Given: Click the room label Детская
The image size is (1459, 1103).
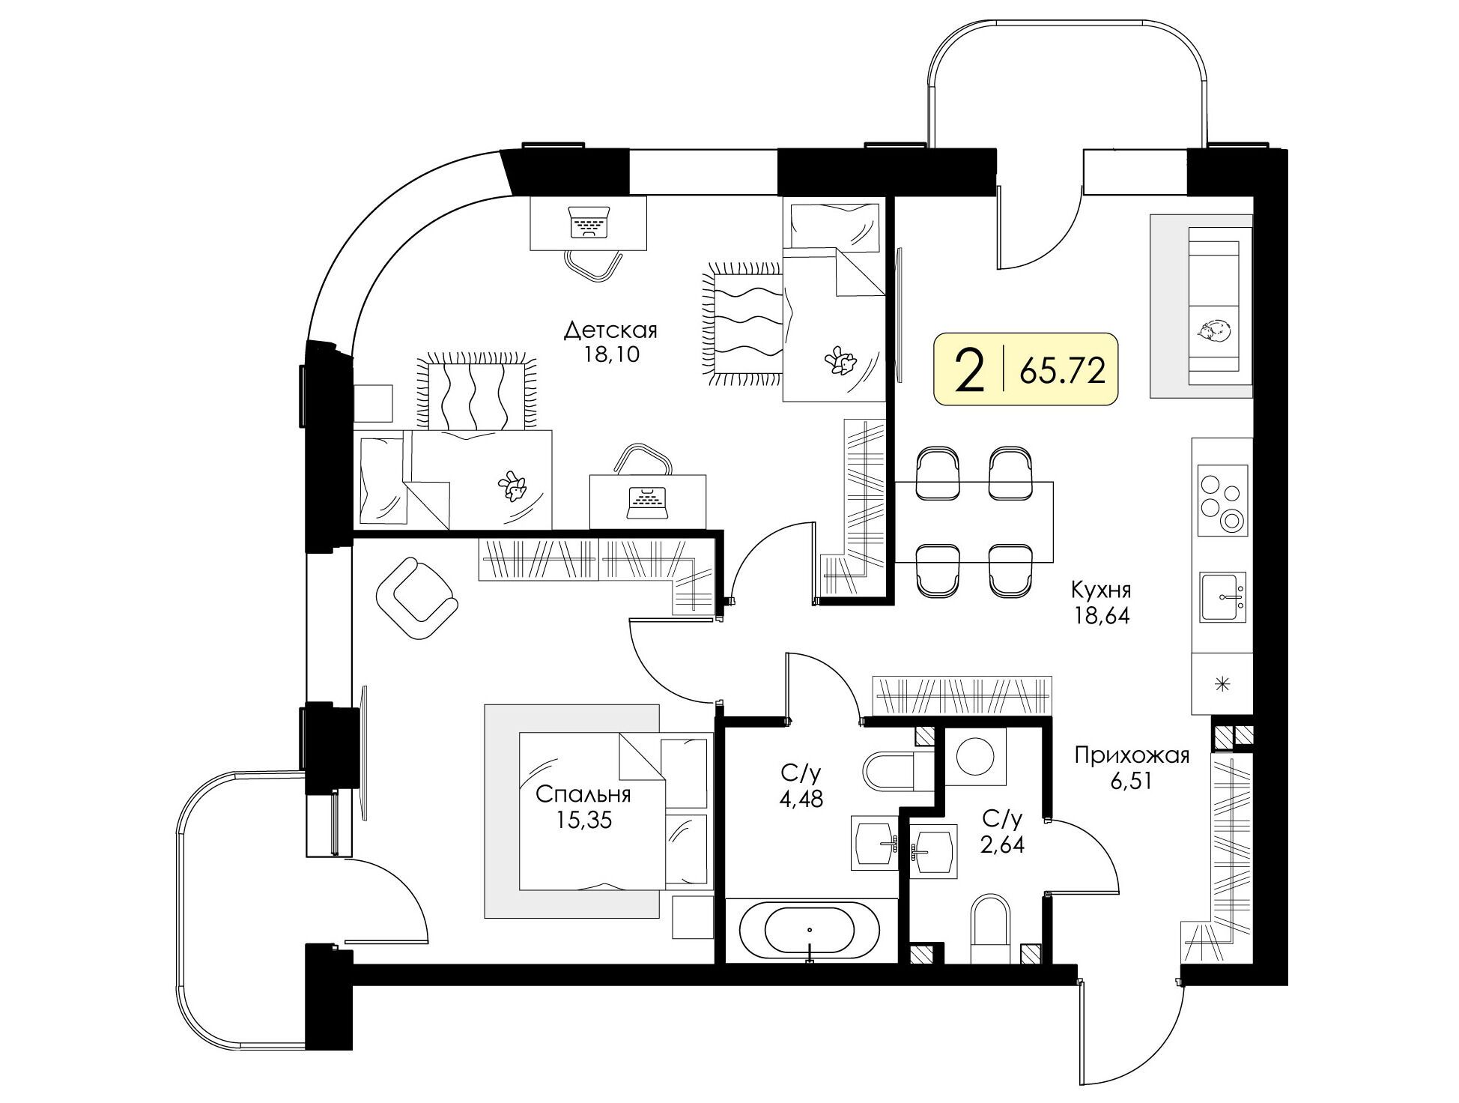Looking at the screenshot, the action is [x=610, y=330].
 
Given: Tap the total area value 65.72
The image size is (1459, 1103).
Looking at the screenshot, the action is [x=1063, y=370].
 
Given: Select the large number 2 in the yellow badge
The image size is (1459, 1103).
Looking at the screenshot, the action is [x=970, y=371].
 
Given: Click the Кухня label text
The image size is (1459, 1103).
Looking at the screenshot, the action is [x=1100, y=590].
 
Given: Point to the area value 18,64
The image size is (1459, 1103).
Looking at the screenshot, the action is [x=1100, y=616].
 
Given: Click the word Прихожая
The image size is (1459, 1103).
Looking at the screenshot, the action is [x=1132, y=755].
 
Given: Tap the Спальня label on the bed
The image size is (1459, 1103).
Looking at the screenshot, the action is [x=583, y=794].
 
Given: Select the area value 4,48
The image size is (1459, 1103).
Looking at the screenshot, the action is [x=801, y=799].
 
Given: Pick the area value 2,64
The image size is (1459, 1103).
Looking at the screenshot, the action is [x=1003, y=844].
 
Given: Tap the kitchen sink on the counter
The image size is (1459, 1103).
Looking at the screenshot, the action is [x=1223, y=596].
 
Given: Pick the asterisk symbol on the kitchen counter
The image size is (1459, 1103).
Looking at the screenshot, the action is [x=1222, y=683].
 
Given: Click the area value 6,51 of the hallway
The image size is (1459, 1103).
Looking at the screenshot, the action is [x=1132, y=782].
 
